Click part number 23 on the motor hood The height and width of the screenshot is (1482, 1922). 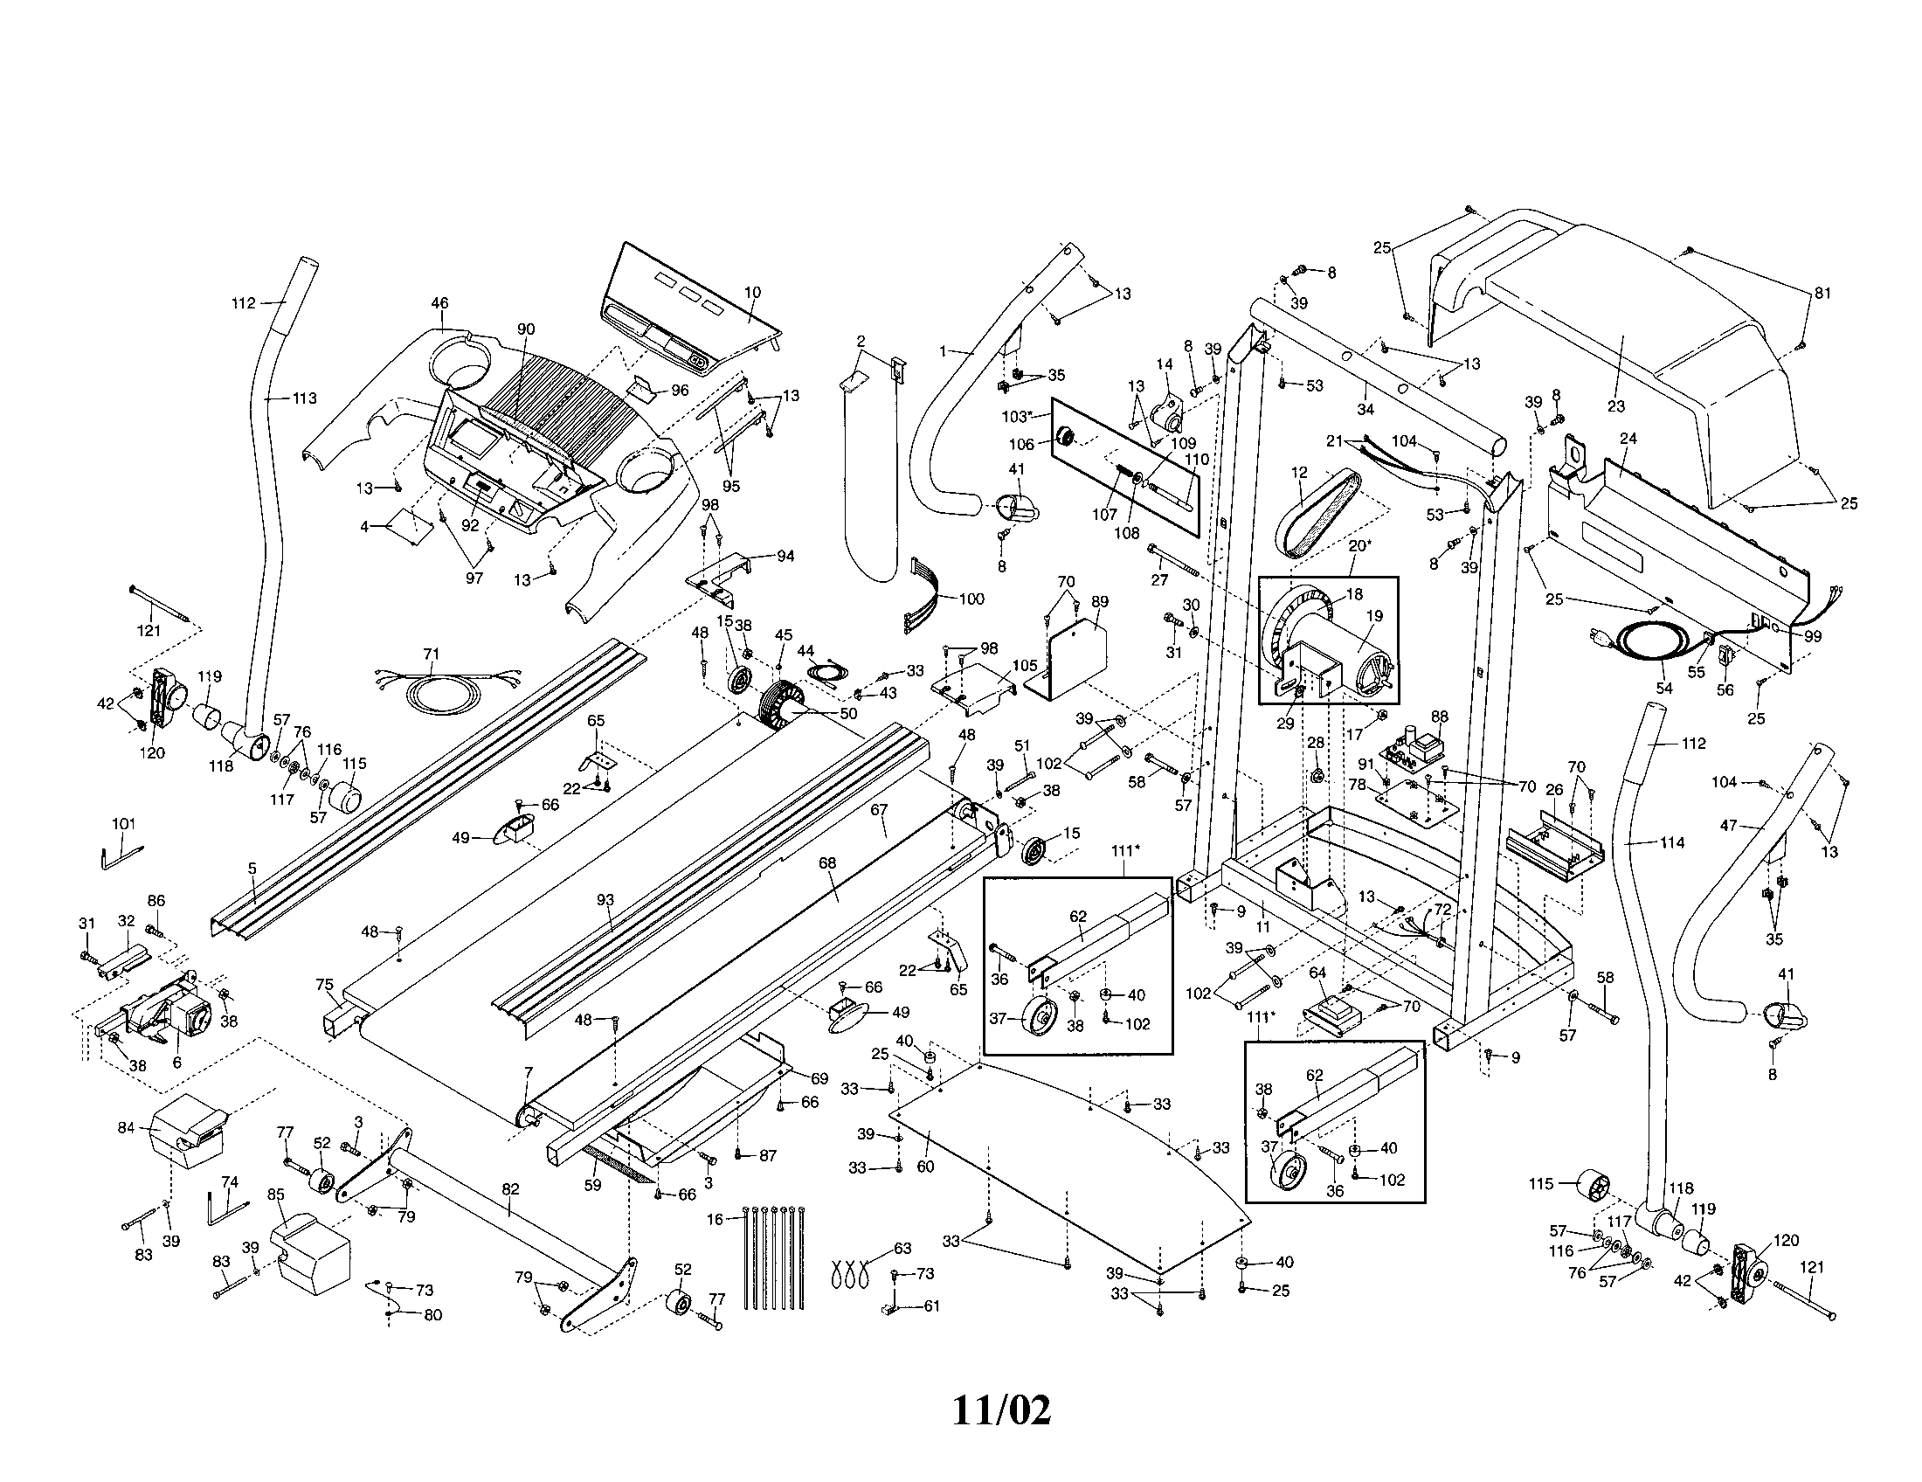pyautogui.click(x=1615, y=405)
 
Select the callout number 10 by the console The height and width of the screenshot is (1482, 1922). pyautogui.click(x=751, y=292)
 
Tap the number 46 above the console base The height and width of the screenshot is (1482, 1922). pyautogui.click(x=439, y=303)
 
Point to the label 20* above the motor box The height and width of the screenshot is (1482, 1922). pyautogui.click(x=1359, y=544)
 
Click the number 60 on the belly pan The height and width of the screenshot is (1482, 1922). pyautogui.click(x=925, y=1167)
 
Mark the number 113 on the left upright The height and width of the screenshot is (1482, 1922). pyautogui.click(x=304, y=398)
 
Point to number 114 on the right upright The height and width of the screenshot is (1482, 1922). pyautogui.click(x=1672, y=842)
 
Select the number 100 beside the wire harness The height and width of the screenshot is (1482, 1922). pyautogui.click(x=971, y=599)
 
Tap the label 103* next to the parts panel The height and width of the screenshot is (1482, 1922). pyautogui.click(x=1016, y=415)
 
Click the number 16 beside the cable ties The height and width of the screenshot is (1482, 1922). pyautogui.click(x=715, y=1219)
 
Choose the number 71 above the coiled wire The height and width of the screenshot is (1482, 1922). pyautogui.click(x=432, y=653)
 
